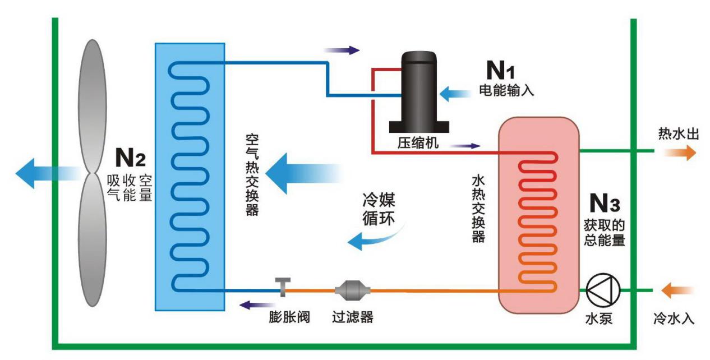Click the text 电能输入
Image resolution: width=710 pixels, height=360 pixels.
(x=506, y=90)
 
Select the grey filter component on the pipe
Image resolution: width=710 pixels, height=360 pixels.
(x=352, y=290)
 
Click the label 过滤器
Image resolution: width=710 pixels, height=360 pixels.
(x=351, y=317)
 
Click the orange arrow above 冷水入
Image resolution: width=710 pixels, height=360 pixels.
(x=677, y=290)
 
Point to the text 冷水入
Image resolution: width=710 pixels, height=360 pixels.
(x=674, y=319)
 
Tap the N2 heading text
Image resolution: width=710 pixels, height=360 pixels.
(x=130, y=158)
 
